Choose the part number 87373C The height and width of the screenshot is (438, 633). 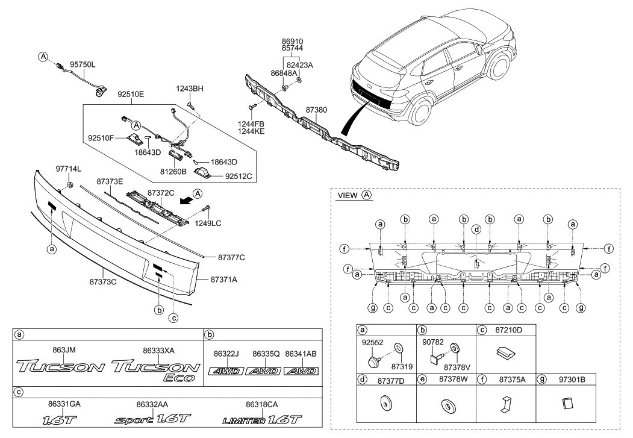pyautogui.click(x=102, y=281)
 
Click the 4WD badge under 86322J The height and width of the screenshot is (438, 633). pyautogui.click(x=226, y=372)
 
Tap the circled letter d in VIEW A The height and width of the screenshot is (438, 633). pyautogui.click(x=476, y=229)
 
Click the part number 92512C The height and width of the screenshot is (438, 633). pyautogui.click(x=239, y=177)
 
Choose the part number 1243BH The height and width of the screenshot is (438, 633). pyautogui.click(x=190, y=89)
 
